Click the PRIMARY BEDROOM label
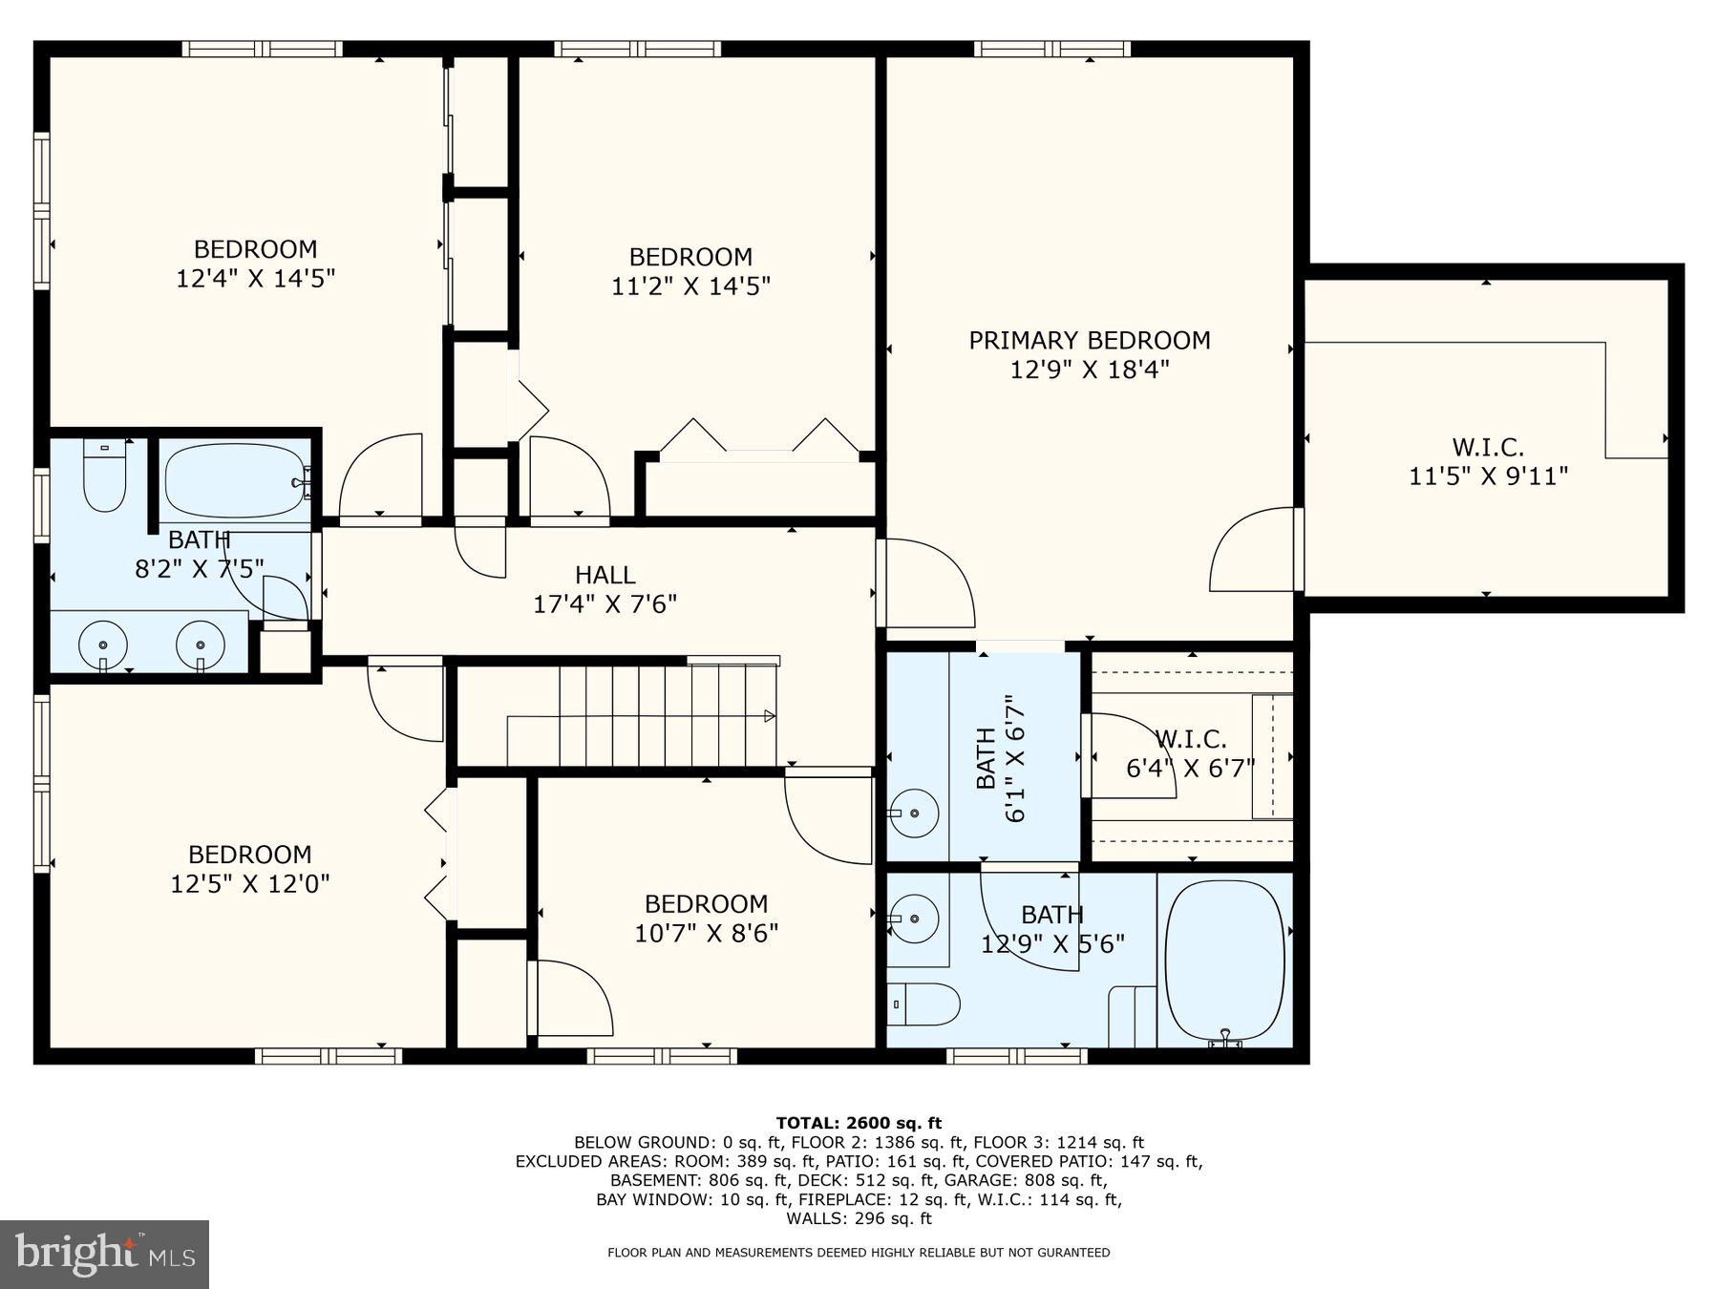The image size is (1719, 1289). pyautogui.click(x=1089, y=340)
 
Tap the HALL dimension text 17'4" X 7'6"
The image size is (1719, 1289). pyautogui.click(x=605, y=603)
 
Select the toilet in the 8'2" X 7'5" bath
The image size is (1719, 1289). pyautogui.click(x=104, y=475)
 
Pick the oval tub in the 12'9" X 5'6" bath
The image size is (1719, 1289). pyautogui.click(x=1225, y=961)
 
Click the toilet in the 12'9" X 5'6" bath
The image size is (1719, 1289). pyautogui.click(x=924, y=1004)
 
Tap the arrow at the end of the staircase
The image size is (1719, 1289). pyautogui.click(x=769, y=716)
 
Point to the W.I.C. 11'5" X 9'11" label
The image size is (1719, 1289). pyautogui.click(x=1488, y=461)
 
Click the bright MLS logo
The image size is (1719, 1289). pyautogui.click(x=104, y=1253)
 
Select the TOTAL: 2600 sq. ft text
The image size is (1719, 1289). pyautogui.click(x=859, y=1123)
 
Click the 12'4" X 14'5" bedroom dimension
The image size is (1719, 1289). pyautogui.click(x=255, y=278)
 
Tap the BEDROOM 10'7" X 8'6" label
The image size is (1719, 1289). pyautogui.click(x=706, y=918)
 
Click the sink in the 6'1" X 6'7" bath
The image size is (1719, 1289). pyautogui.click(x=913, y=814)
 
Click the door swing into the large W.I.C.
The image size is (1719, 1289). pyautogui.click(x=1253, y=552)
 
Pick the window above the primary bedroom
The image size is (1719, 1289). pyautogui.click(x=1051, y=49)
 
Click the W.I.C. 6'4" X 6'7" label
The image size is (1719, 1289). pyautogui.click(x=1190, y=753)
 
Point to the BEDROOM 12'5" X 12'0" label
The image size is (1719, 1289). pyautogui.click(x=249, y=868)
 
